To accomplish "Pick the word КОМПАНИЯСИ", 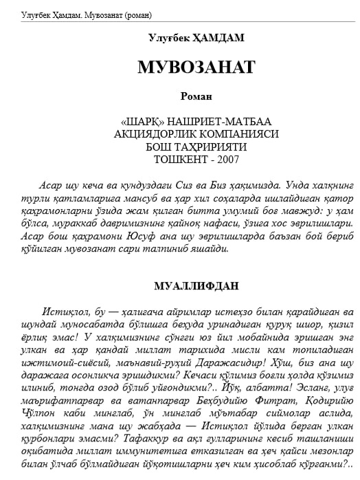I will (x=241, y=134).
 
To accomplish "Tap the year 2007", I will (x=227, y=159).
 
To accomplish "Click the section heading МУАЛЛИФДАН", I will (x=196, y=285).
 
